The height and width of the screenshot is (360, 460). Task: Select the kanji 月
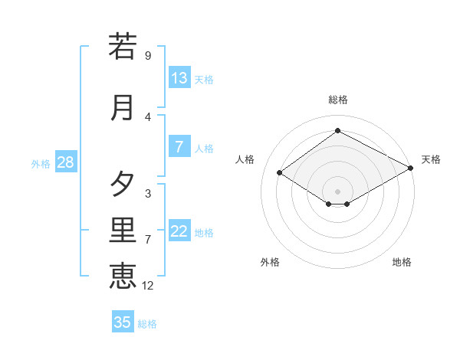(x=123, y=107)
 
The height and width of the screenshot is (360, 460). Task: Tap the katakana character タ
(x=123, y=184)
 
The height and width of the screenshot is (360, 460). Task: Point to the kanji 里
(x=123, y=231)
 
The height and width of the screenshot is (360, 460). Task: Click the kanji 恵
(x=123, y=275)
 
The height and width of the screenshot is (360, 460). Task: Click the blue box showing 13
(x=179, y=78)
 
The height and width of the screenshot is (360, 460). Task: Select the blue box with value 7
(x=179, y=147)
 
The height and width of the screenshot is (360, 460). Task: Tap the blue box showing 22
(x=179, y=232)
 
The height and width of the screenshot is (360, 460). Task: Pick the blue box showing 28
(x=65, y=162)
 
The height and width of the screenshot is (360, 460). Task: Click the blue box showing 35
(x=123, y=322)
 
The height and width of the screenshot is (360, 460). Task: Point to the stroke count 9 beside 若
(x=148, y=56)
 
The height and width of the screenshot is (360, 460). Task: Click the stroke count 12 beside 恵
(x=149, y=286)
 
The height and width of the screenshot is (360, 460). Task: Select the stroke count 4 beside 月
(x=148, y=117)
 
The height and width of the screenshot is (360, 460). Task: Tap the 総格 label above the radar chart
(x=338, y=100)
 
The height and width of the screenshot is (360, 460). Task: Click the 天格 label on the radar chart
(x=431, y=159)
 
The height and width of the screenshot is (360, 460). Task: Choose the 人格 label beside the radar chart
(x=245, y=159)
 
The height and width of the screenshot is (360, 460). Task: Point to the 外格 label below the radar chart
(x=270, y=262)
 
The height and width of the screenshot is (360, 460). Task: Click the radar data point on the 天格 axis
(x=412, y=169)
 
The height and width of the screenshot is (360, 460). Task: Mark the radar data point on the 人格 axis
(x=280, y=173)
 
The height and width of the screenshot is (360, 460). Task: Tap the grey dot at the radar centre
(x=338, y=191)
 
